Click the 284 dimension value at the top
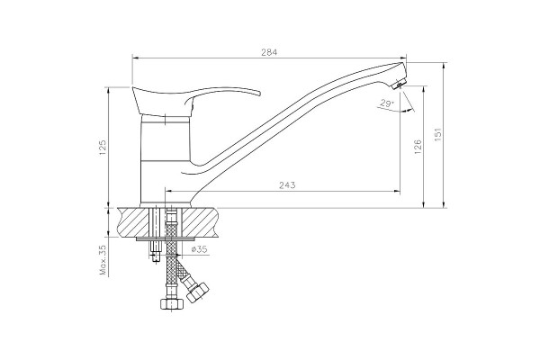pyautogui.click(x=269, y=52)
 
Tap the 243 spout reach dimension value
pyautogui.click(x=287, y=185)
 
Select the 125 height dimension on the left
pyautogui.click(x=103, y=147)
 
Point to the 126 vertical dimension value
pyautogui.click(x=418, y=147)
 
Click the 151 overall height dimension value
pyautogui.click(x=437, y=134)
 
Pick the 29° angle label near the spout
pyautogui.click(x=386, y=103)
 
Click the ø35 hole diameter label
pyautogui.click(x=199, y=248)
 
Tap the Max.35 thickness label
pyautogui.click(x=103, y=260)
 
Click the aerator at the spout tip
pyautogui.click(x=399, y=84)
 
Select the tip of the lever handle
pyautogui.click(x=258, y=93)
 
